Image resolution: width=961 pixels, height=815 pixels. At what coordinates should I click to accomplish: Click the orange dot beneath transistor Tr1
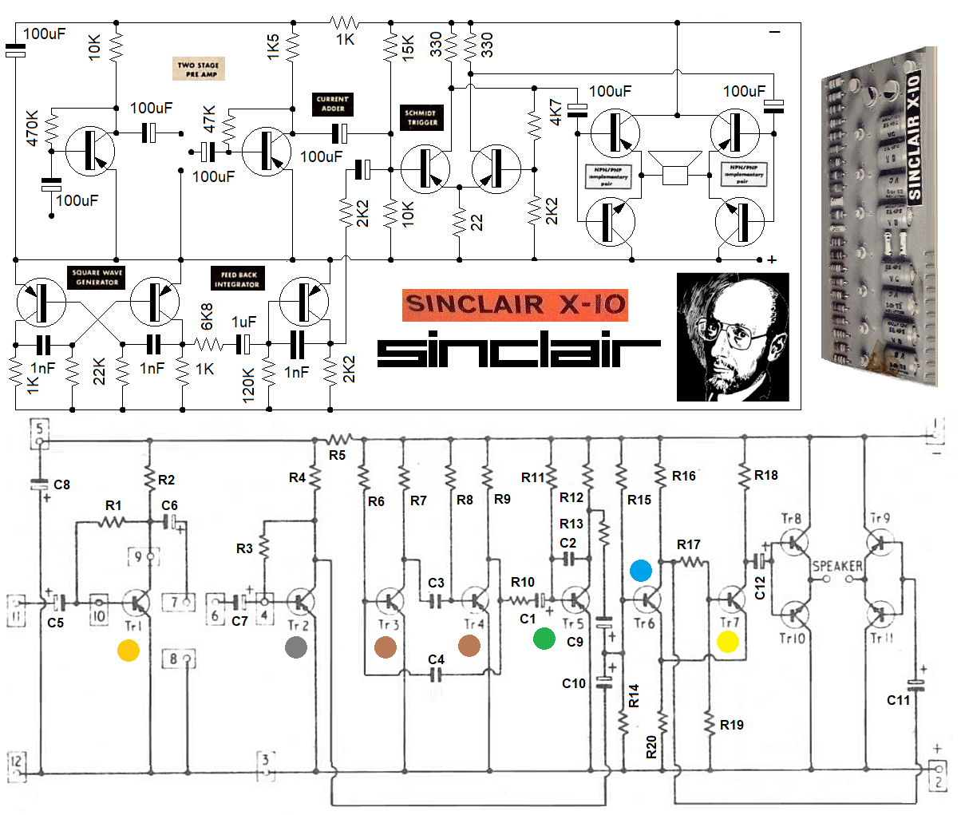coord(129,651)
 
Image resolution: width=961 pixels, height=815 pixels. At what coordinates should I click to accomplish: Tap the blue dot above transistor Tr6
coord(641,570)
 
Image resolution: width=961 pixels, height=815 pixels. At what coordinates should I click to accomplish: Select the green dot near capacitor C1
coord(544,638)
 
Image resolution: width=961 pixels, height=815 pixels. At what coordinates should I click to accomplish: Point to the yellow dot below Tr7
coord(728,641)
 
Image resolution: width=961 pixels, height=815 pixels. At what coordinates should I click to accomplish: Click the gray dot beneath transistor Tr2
coord(296,647)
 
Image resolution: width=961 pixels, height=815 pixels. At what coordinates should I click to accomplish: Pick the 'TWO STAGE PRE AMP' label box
coord(198,69)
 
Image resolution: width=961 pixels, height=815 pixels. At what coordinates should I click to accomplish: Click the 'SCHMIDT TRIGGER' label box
coord(422,118)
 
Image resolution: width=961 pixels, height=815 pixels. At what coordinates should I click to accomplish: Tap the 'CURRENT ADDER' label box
coord(333,104)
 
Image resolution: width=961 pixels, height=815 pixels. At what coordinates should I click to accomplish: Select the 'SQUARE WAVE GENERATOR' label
coord(97,278)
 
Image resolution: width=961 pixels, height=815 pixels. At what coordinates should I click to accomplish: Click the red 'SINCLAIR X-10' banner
coord(515,305)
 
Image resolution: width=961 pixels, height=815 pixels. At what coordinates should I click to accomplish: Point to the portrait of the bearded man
coord(733,337)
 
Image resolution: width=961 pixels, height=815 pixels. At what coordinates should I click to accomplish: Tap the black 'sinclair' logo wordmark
coord(519,349)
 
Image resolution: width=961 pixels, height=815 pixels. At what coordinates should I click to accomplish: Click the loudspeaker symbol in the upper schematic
coord(674,168)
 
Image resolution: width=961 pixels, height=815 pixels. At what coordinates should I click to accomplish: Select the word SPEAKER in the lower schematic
coord(837,566)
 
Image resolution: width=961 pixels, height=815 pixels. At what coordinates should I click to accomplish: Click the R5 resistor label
coord(337,455)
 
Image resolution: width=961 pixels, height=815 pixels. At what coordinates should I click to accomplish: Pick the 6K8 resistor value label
coord(207,316)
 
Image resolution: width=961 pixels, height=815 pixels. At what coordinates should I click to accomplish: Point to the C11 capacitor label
coord(899,700)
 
